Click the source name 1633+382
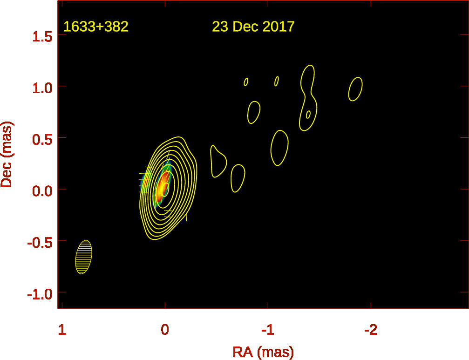(95, 27)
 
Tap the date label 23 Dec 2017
(253, 27)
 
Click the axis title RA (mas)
(263, 352)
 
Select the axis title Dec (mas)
(7, 155)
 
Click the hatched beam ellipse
(83, 257)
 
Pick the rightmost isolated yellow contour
(355, 89)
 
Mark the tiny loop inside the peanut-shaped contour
(308, 114)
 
